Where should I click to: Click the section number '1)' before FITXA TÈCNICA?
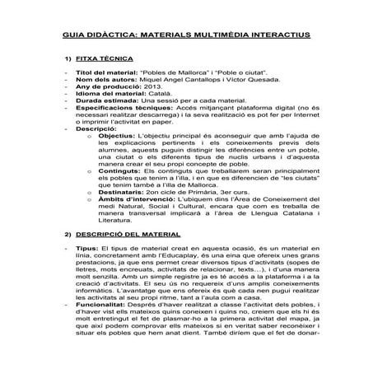point(68,61)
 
